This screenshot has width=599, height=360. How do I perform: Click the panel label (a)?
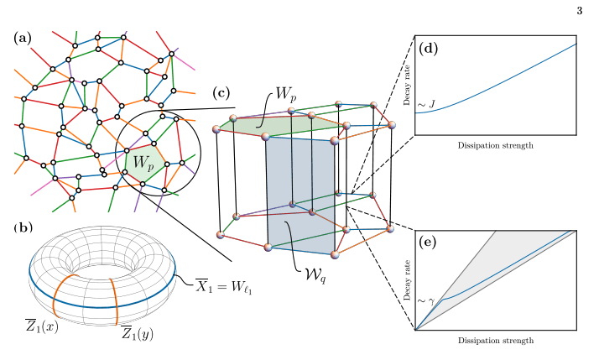(23, 39)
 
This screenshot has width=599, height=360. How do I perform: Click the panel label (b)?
(23, 228)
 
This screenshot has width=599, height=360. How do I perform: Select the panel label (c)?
(221, 92)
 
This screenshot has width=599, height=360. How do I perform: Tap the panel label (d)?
(430, 48)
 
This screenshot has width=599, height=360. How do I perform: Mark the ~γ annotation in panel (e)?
(427, 300)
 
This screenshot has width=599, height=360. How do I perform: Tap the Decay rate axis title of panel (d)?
(406, 83)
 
